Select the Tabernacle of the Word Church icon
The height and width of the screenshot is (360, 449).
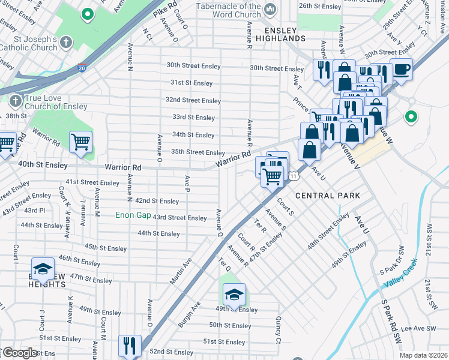[270, 9]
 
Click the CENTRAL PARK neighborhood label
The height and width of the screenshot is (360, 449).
[328, 196]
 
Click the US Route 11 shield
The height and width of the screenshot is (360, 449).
[292, 176]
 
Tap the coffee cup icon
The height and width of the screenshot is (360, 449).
[401, 69]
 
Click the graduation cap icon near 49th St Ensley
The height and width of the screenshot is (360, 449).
[234, 294]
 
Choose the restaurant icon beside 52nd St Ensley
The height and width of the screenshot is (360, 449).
[130, 345]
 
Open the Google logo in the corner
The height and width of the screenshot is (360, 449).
[20, 353]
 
